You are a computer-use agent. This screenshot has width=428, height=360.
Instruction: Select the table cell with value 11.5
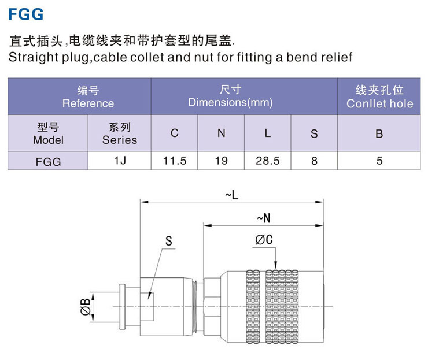[174, 161]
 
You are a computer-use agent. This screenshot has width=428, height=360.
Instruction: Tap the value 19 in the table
[221, 161]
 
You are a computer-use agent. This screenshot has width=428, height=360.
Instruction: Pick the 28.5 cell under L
[267, 161]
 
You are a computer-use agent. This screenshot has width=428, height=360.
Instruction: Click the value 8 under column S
[314, 161]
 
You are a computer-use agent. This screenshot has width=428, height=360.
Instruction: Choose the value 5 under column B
[379, 161]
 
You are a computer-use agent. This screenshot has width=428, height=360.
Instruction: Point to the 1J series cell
[120, 161]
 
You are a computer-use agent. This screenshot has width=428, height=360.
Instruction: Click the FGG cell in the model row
[48, 161]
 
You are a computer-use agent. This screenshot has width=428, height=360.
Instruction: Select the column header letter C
[174, 133]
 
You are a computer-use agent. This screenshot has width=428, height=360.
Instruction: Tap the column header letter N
[221, 133]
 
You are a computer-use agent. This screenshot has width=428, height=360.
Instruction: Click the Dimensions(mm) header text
[230, 103]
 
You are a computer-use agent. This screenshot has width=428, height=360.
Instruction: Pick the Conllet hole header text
[379, 103]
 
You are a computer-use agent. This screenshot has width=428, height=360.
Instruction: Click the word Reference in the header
[88, 103]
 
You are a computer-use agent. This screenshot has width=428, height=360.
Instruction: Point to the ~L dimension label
[231, 195]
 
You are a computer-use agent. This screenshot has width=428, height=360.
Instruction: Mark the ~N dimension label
[263, 218]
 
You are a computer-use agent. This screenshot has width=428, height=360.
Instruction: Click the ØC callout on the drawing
[264, 239]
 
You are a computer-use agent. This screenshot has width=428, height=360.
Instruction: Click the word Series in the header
[120, 140]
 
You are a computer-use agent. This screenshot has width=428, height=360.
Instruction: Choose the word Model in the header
[48, 140]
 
